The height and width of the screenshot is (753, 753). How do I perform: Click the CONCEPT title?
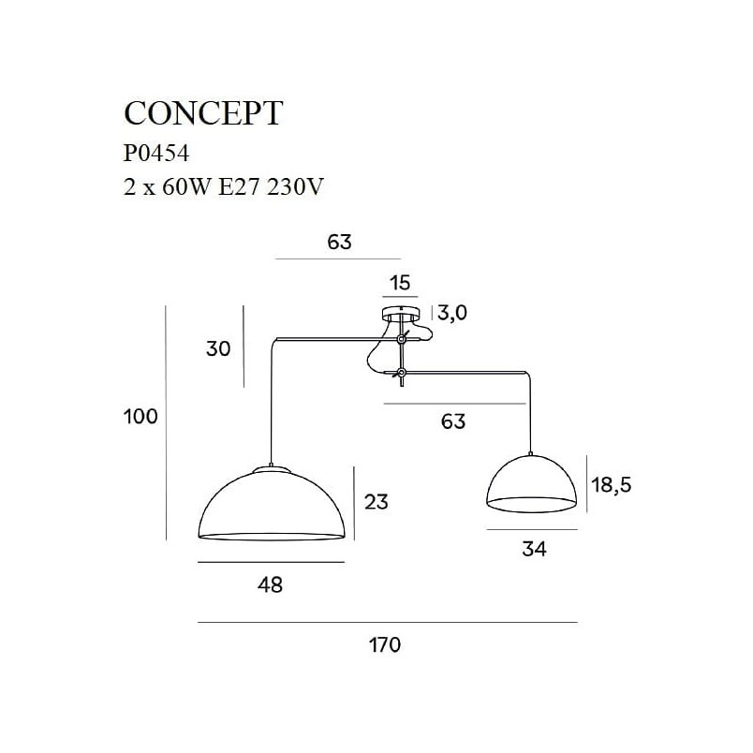tap(203, 114)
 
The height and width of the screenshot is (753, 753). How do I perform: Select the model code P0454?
tap(156, 154)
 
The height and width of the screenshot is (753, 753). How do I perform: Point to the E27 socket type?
tap(239, 186)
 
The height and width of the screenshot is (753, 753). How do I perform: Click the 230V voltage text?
tap(295, 186)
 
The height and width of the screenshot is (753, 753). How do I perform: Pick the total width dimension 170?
tap(385, 644)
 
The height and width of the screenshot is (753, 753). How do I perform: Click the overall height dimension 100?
tap(140, 416)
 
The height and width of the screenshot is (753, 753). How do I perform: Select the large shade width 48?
tap(270, 584)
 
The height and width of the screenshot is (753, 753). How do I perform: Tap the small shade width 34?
tap(534, 549)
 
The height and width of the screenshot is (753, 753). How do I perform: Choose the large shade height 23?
tap(376, 501)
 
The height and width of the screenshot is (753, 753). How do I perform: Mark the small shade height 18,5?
tap(611, 485)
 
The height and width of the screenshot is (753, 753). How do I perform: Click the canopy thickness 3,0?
tap(452, 313)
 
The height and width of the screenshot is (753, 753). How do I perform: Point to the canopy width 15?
tap(400, 283)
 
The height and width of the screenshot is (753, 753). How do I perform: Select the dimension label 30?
tap(218, 348)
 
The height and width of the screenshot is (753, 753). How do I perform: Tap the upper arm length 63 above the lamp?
tap(340, 242)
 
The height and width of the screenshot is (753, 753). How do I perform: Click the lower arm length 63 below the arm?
tap(453, 421)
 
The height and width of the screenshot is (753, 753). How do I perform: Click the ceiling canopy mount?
tap(401, 313)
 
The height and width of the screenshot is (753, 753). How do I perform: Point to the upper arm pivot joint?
tap(402, 340)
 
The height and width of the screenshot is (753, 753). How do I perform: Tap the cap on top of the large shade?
tap(272, 469)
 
